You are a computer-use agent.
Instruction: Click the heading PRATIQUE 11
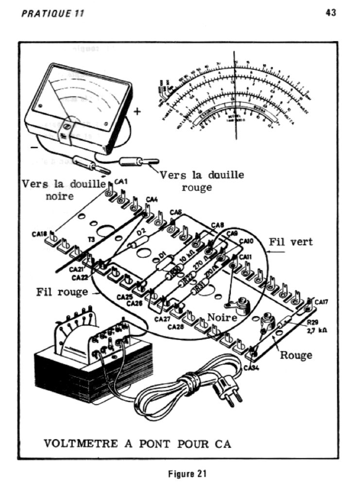point(52,13)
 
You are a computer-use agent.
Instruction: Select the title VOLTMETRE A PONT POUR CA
point(137,443)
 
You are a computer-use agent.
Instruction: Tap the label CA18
point(39,234)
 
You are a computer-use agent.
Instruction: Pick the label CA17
point(322,302)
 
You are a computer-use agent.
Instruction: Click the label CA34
point(252,368)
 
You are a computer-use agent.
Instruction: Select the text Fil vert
point(291,241)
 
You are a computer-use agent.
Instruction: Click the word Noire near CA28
point(222,317)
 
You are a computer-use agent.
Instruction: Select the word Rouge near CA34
point(296,355)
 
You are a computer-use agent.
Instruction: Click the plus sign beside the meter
point(137,112)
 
